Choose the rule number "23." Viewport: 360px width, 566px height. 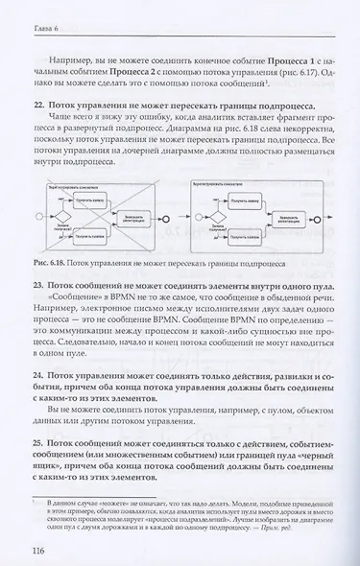tap(38, 284)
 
